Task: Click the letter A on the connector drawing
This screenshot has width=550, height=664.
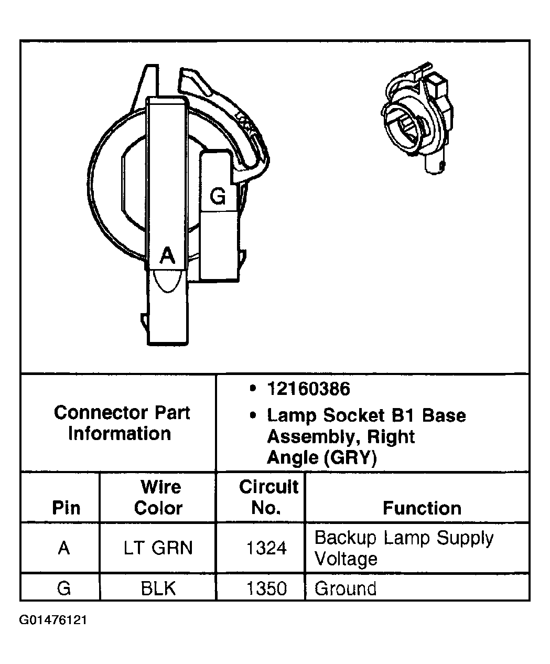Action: point(167,255)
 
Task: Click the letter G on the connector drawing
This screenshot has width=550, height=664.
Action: point(218,196)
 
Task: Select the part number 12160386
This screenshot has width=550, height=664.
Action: point(308,389)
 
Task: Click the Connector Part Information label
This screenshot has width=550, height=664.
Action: point(121,423)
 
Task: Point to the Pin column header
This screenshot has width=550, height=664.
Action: point(67,508)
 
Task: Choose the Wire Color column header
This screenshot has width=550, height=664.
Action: point(159,497)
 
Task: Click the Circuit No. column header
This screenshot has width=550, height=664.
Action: point(268,497)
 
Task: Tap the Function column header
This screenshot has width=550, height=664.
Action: point(422,508)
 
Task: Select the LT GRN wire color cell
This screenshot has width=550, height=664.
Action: point(158,548)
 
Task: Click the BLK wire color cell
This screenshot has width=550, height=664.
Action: point(158,588)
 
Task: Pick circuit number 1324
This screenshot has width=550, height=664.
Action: point(266,548)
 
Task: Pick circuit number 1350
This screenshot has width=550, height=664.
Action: point(266,588)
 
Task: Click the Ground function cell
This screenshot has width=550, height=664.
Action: point(345,588)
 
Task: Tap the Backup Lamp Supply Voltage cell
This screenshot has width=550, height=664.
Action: point(404,548)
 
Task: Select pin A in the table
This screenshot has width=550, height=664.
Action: point(64,548)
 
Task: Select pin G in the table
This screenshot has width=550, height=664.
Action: point(64,588)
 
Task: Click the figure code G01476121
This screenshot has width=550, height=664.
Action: point(53,620)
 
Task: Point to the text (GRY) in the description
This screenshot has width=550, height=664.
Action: point(350,458)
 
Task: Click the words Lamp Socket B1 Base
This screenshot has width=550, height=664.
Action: point(366,415)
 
